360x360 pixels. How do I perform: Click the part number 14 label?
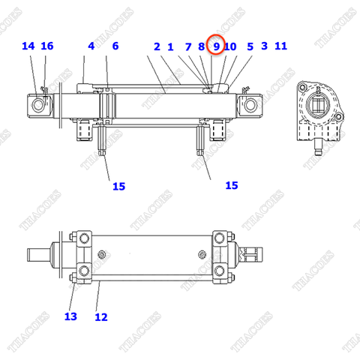pyautogui.click(x=28, y=46)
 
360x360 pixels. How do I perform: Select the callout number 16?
pyautogui.click(x=47, y=46)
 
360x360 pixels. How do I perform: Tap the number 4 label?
pyautogui.click(x=91, y=46)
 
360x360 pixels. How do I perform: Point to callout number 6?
pyautogui.click(x=115, y=46)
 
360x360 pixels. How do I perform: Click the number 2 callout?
pyautogui.click(x=157, y=46)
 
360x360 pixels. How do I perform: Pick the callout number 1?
pyautogui.click(x=171, y=46)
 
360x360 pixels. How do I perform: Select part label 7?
pyautogui.click(x=188, y=46)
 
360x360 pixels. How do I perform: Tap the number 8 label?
pyautogui.click(x=202, y=46)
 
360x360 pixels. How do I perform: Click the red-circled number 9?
pyautogui.click(x=216, y=46)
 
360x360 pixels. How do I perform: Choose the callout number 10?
pyautogui.click(x=230, y=46)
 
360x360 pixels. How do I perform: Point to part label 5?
pyautogui.click(x=250, y=46)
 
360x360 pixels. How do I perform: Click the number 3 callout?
pyautogui.click(x=264, y=46)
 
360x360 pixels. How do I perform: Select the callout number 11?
pyautogui.click(x=281, y=46)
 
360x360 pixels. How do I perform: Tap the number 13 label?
pyautogui.click(x=70, y=316)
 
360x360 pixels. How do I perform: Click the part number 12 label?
pyautogui.click(x=101, y=317)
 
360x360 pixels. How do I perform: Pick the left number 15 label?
pyautogui.click(x=118, y=186)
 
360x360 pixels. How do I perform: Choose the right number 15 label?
pyautogui.click(x=231, y=184)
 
